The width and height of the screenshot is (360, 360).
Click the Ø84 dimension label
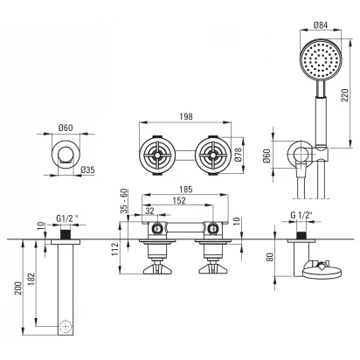click(321, 25)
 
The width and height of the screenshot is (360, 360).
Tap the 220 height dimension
click(344, 95)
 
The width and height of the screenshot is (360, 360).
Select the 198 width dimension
click(186, 116)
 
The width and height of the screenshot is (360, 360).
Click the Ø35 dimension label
click(87, 170)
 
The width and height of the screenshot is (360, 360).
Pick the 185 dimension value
click(186, 190)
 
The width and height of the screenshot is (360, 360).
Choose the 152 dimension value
click(179, 201)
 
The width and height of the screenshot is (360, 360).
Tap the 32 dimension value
click(149, 211)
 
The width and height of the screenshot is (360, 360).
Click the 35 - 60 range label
click(124, 201)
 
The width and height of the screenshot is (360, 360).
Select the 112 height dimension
click(115, 249)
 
